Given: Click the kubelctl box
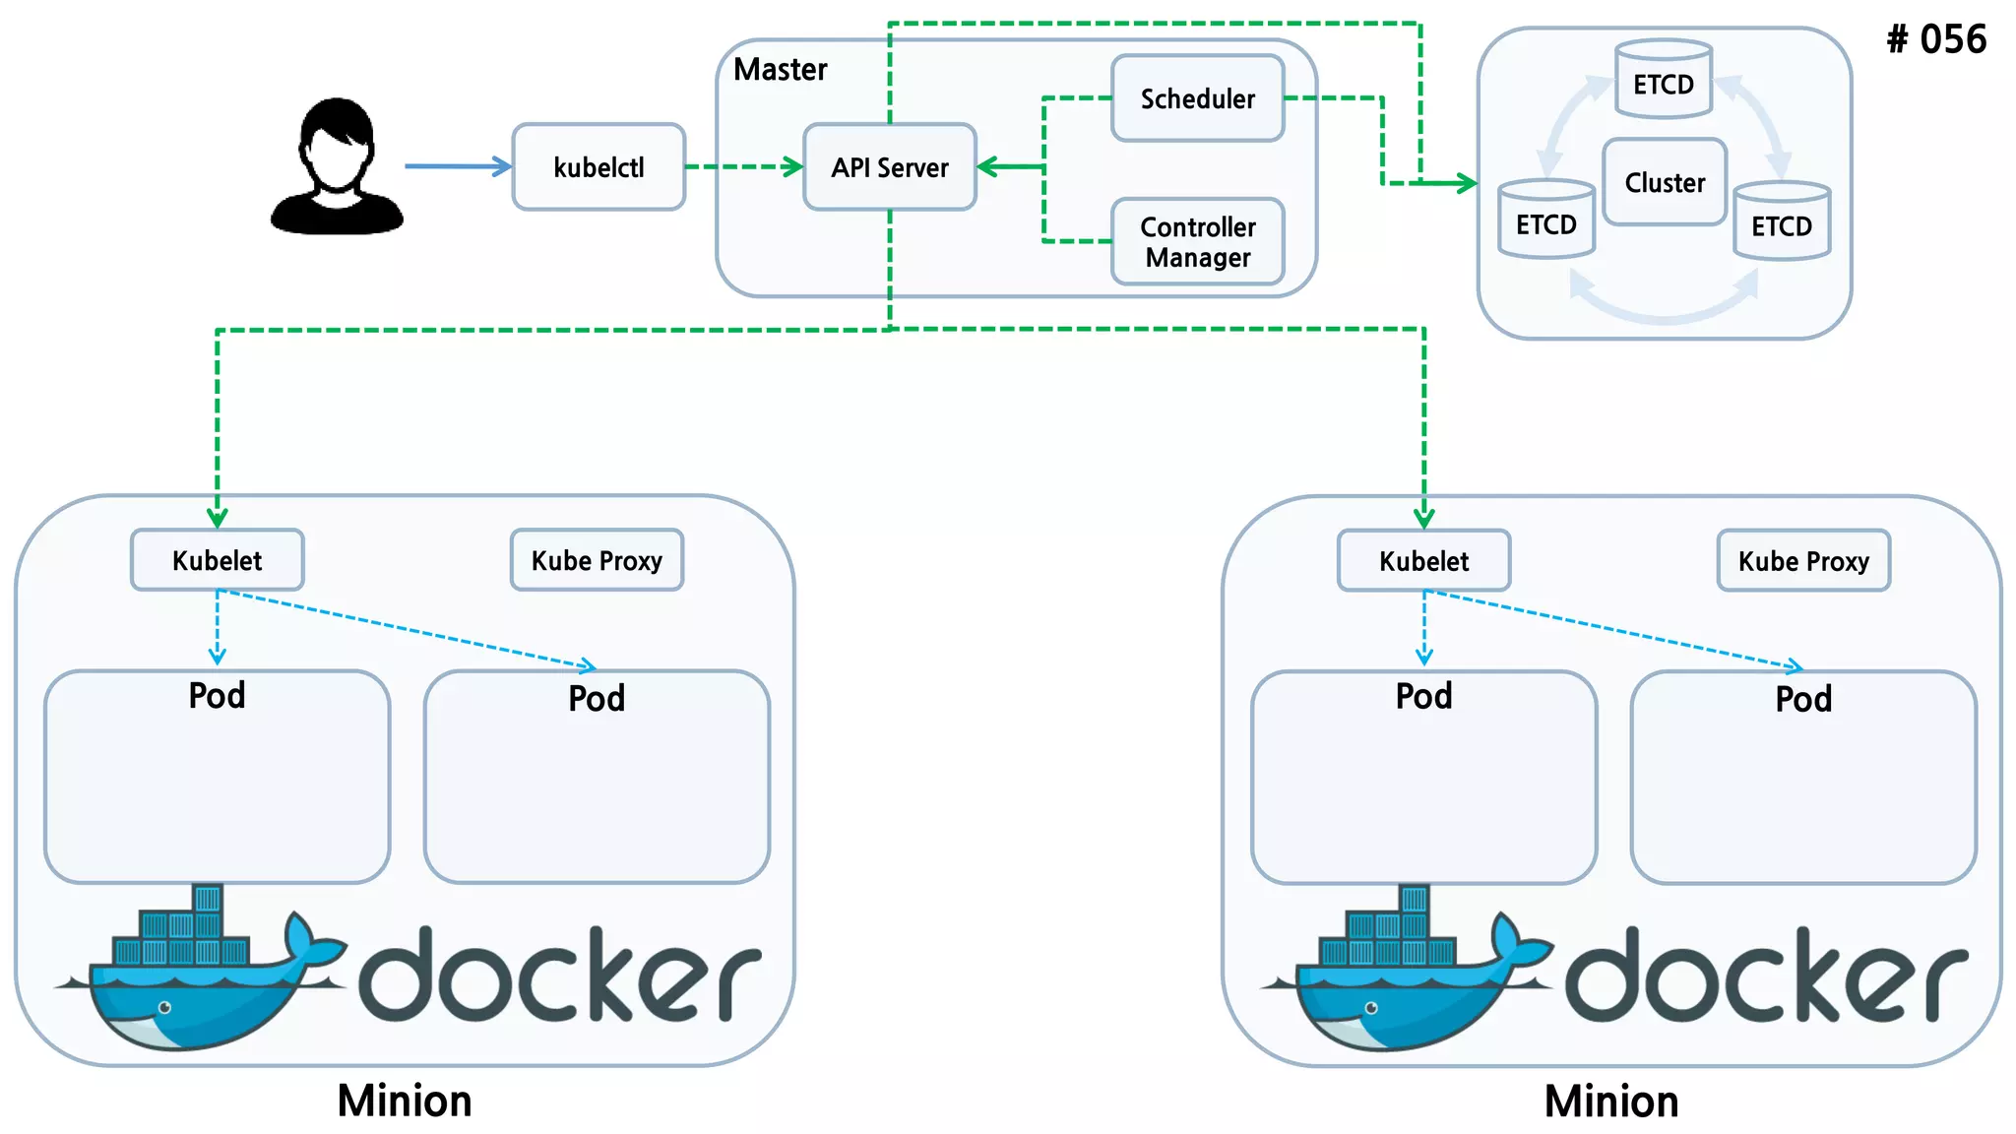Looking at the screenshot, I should coord(598,167).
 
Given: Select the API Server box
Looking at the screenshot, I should coord(890,167).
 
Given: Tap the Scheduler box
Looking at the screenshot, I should coord(1197,98).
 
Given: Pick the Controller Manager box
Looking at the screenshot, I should coord(1197,242).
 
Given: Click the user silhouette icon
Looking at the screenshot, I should coord(337,167).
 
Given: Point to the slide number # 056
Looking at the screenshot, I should coord(1935,39).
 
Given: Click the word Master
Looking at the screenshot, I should coord(780,70).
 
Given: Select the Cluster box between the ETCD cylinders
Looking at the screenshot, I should coord(1664,182).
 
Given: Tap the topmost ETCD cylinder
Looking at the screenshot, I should coord(1664,81).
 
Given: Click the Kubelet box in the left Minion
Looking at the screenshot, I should coord(218,560).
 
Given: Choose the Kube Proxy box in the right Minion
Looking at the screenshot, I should coord(1803,561).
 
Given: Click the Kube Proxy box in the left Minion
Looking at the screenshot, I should coord(597,560).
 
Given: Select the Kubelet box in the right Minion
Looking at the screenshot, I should coord(1423,561).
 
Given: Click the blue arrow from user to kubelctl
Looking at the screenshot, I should coord(458,166).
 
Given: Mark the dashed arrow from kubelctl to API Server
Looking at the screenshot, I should coord(743,166).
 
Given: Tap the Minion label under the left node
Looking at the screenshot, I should coord(405,1101).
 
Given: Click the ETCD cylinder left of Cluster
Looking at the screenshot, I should coord(1545,220).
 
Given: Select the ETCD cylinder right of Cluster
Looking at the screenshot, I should coord(1781,222).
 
